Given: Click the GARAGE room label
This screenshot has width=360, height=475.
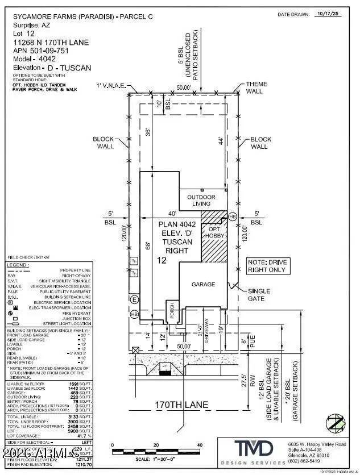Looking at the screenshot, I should [203, 284].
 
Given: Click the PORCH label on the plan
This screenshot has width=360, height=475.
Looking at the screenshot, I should [169, 310].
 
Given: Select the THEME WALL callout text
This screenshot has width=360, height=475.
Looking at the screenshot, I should [256, 88].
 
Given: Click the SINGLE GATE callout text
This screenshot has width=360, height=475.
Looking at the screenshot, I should [259, 294].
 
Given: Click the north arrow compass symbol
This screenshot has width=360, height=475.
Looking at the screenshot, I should [335, 423].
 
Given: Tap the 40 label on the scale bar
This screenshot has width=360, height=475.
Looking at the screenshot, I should [200, 444].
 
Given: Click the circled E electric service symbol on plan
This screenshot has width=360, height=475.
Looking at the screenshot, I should [134, 299].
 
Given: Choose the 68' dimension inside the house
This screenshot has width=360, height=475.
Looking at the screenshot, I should [147, 245].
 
